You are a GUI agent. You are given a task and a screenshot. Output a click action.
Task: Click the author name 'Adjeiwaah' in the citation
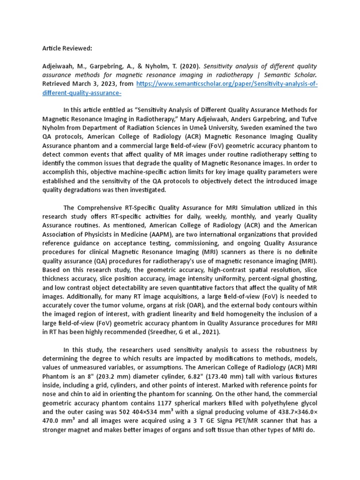(x=60, y=66)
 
